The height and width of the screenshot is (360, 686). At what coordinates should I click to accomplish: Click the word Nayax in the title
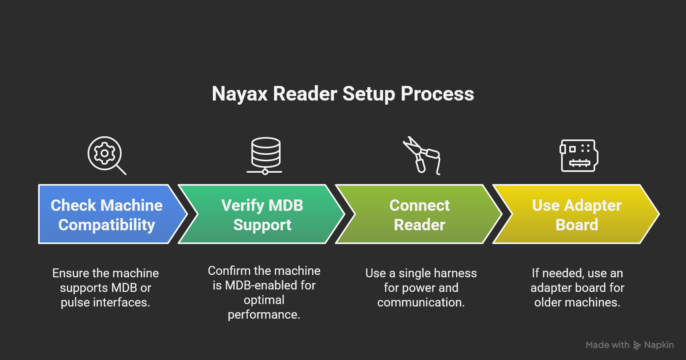point(240,94)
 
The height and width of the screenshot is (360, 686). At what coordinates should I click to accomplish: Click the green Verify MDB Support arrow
point(262,214)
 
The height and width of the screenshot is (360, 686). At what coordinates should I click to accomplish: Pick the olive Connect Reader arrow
point(419,214)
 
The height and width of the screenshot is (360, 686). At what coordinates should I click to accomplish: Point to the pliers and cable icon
point(422,156)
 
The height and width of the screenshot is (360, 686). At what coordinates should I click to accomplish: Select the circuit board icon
point(579,156)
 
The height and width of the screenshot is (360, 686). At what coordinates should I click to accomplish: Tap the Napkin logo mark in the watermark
point(637,345)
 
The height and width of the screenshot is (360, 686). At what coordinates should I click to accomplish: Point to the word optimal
point(264,300)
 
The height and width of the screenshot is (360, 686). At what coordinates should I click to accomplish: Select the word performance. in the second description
point(264,315)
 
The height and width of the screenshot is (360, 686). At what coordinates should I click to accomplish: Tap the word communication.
point(421,302)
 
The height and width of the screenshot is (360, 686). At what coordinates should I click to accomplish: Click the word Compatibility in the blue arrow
point(107,225)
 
